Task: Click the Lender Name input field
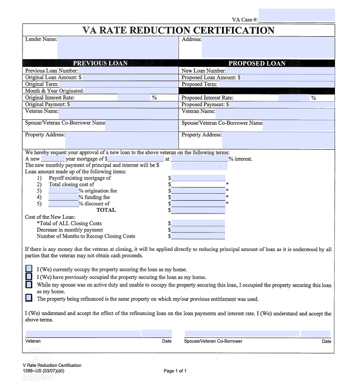tap(118, 47)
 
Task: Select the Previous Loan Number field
tap(128, 70)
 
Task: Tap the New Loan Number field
tap(280, 70)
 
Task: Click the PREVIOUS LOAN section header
tap(100, 63)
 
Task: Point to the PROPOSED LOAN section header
tap(257, 63)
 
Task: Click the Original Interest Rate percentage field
tap(133, 98)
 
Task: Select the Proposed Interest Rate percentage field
tap(294, 98)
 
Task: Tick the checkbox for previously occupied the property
tap(29, 277)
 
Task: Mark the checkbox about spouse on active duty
tap(29, 285)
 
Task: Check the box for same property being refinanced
tap(29, 298)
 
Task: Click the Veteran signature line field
tap(83, 334)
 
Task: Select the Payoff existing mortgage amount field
tap(198, 178)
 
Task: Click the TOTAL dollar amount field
tap(198, 210)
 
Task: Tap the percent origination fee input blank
tap(63, 190)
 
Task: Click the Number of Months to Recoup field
tap(198, 236)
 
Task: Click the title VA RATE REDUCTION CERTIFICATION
tap(178, 30)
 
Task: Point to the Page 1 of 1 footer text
tap(175, 371)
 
